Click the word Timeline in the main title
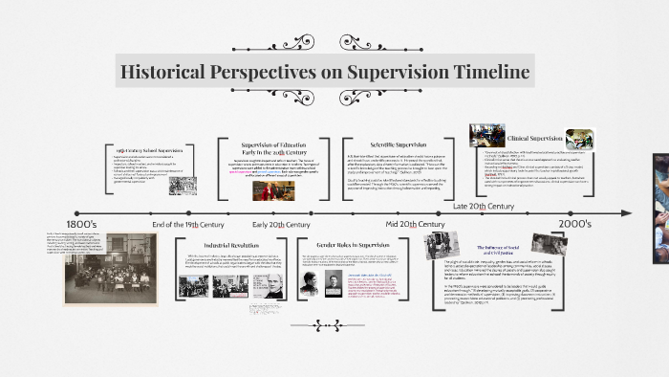click(x=481, y=73)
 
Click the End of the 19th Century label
click(x=187, y=224)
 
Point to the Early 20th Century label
click(x=276, y=224)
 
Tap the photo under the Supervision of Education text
click(x=268, y=190)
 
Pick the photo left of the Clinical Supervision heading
click(x=486, y=135)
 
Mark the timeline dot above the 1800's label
click(x=76, y=213)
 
